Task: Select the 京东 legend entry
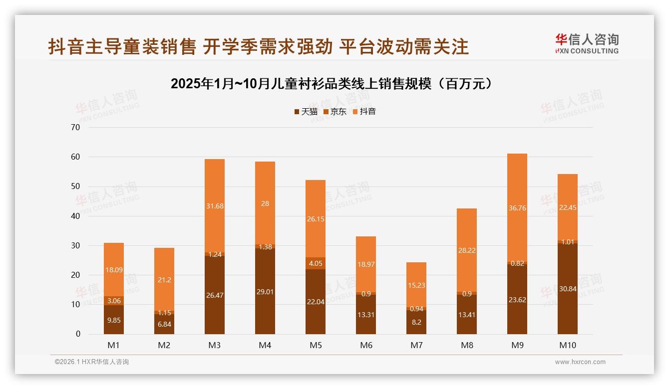(x=335, y=112)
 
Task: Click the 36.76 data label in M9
(x=517, y=208)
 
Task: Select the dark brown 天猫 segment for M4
(x=265, y=291)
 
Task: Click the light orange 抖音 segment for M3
(x=215, y=206)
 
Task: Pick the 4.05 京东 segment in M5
(x=316, y=263)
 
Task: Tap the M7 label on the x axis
(x=416, y=345)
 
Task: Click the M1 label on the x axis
(x=114, y=345)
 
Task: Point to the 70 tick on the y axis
(x=75, y=127)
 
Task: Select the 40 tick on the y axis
(x=75, y=216)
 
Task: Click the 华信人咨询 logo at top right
(x=587, y=43)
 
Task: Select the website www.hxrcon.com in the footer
(x=580, y=362)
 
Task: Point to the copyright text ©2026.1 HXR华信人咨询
(x=92, y=362)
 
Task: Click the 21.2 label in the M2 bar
(x=164, y=280)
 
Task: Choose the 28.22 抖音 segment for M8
(x=467, y=250)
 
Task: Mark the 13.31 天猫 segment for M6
(x=366, y=314)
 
